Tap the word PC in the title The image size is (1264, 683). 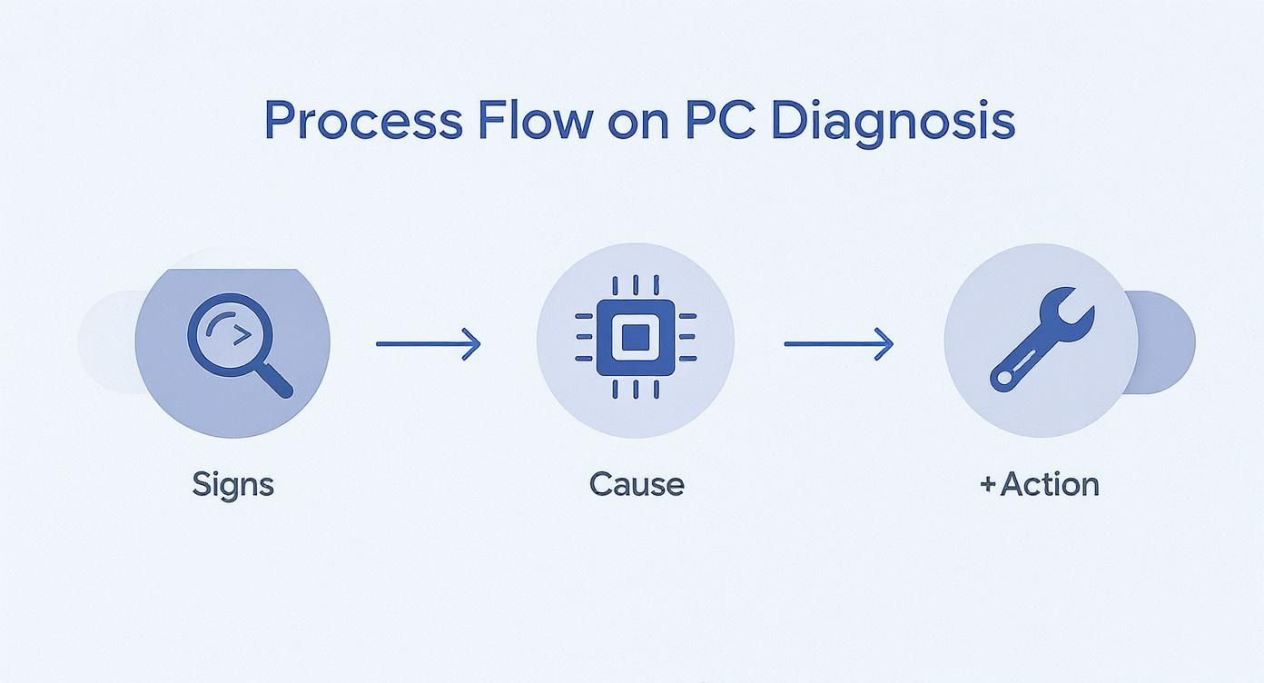[x=716, y=121]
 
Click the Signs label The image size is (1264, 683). [x=232, y=484]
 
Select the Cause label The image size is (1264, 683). [x=636, y=484]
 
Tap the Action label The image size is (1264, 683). [x=1050, y=484]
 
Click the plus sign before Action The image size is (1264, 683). [x=988, y=484]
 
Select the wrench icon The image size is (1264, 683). [x=1042, y=341]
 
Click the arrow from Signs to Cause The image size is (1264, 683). [x=428, y=343]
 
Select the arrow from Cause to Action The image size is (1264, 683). [x=838, y=343]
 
